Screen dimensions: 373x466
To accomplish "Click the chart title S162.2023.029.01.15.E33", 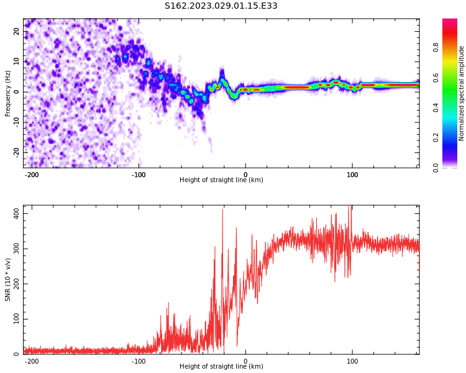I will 221,6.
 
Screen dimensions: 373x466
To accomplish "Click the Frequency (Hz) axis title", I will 8,93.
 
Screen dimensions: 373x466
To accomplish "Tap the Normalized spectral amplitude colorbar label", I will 462,93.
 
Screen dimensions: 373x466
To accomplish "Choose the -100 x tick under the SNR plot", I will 139,361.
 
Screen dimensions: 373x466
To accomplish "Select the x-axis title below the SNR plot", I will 221,367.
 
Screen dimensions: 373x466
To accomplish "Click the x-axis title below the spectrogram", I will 221,180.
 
